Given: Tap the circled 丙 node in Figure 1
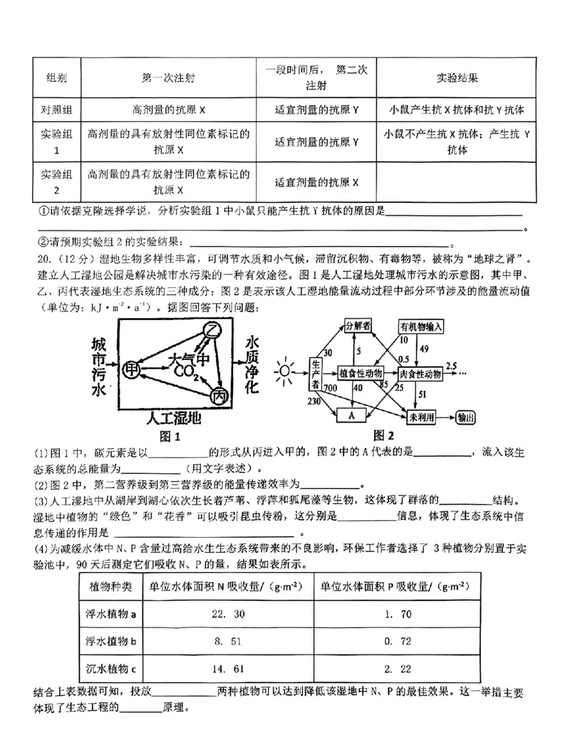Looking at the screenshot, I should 218,397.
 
